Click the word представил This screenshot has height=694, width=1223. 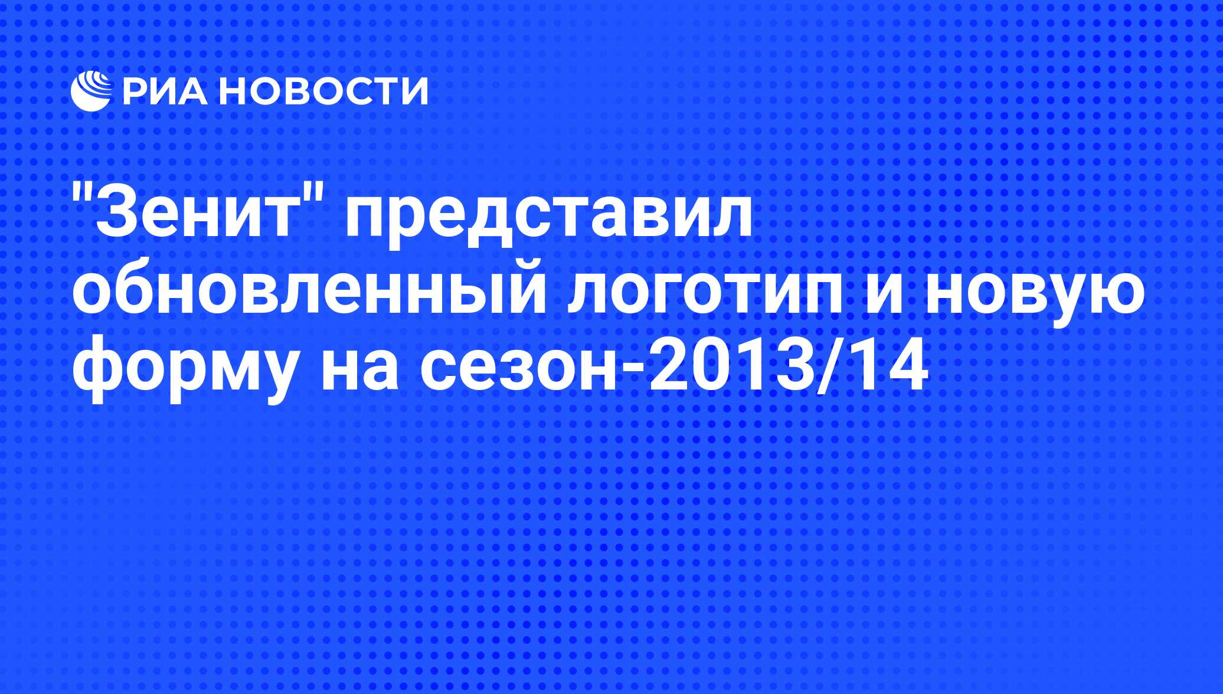(550, 218)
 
